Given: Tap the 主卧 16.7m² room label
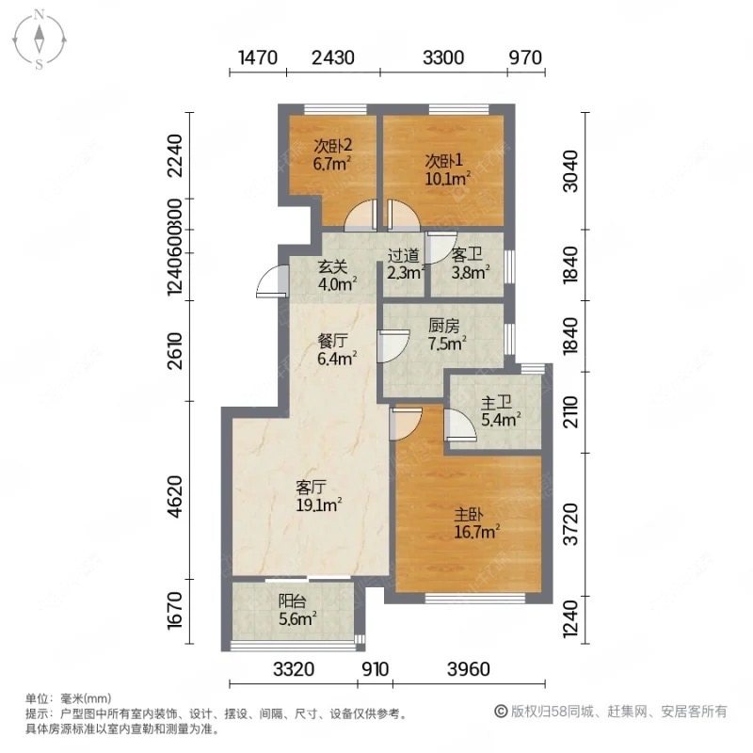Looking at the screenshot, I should click(476, 522).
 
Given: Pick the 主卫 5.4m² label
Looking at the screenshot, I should click(499, 412).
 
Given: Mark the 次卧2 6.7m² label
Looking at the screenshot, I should click(332, 154).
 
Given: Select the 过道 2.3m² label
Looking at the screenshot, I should click(406, 264).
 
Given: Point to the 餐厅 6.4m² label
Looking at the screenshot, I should click(334, 349).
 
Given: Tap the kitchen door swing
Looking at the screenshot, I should click(391, 346).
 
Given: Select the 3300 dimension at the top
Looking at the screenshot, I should click(443, 57).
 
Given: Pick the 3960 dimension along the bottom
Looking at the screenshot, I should click(468, 670).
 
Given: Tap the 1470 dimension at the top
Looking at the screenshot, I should click(257, 57).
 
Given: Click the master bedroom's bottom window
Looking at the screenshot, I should click(468, 596).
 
